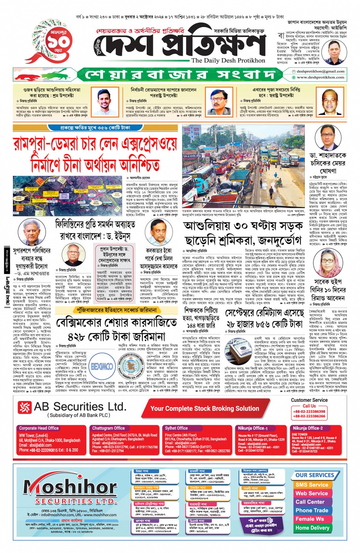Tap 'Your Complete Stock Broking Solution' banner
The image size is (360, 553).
click(x=205, y=408)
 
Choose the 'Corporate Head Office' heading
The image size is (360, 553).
click(x=39, y=428)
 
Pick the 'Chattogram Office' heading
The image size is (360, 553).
click(x=109, y=428)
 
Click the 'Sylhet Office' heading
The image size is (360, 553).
click(x=176, y=428)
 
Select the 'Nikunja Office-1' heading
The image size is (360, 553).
click(x=251, y=428)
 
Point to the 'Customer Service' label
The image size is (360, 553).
click(x=309, y=400)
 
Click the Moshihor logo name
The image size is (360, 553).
click(x=70, y=487)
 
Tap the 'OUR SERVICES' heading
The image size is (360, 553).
click(x=314, y=475)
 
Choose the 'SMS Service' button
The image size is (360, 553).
click(x=311, y=485)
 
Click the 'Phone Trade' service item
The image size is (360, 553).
click(x=312, y=510)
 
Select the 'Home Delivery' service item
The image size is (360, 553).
click(x=312, y=528)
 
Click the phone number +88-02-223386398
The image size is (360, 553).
click(x=309, y=411)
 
